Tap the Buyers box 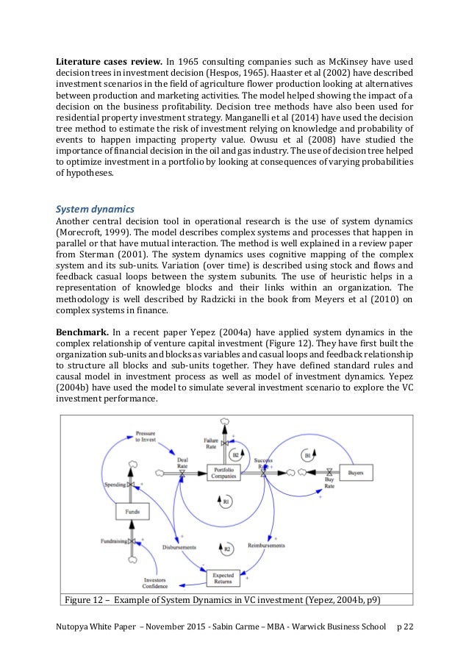pyautogui.click(x=357, y=471)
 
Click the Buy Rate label pyautogui.click(x=330, y=486)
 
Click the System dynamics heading pyautogui.click(x=93, y=209)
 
